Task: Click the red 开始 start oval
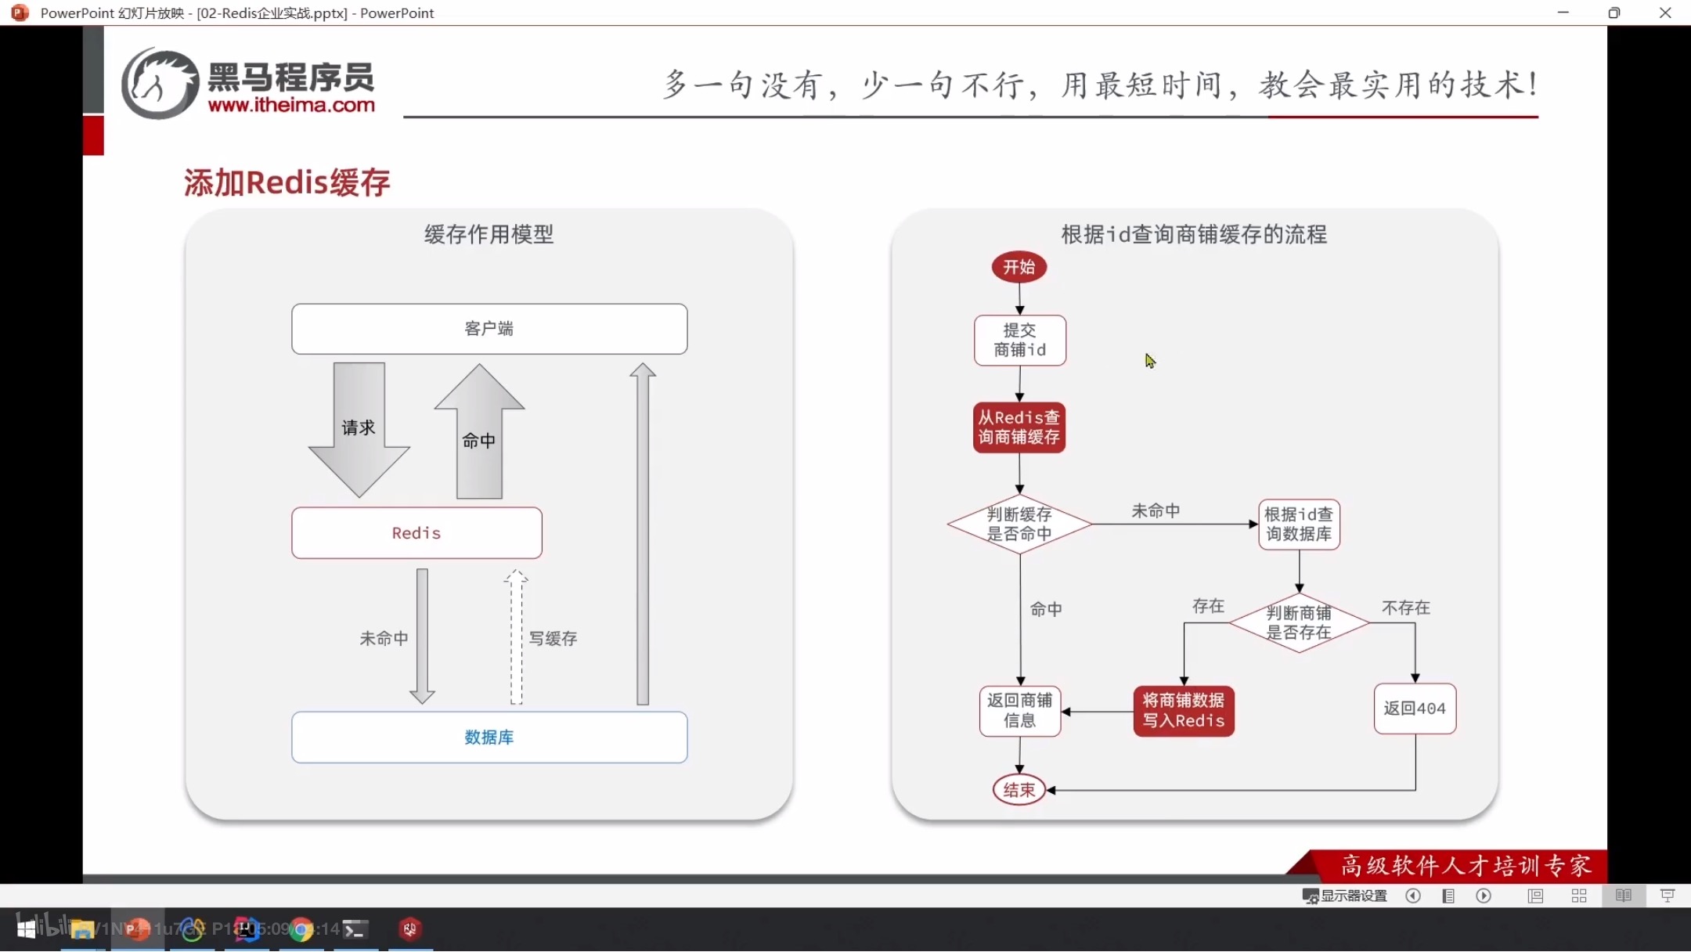(1019, 267)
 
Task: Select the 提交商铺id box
(1019, 341)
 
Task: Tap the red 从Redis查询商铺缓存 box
(1019, 427)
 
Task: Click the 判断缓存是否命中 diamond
(1019, 524)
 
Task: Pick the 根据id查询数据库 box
(1298, 524)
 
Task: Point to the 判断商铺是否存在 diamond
(1298, 622)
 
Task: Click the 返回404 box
(1414, 709)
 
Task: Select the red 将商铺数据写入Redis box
(1183, 711)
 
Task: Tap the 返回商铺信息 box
(1019, 711)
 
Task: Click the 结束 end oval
(1019, 790)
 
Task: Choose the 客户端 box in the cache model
(489, 329)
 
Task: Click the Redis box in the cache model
(416, 533)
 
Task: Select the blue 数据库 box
(489, 737)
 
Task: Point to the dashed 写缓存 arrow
(516, 638)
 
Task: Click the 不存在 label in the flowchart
(1405, 608)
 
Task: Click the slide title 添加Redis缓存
(287, 182)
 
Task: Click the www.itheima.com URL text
(291, 105)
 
